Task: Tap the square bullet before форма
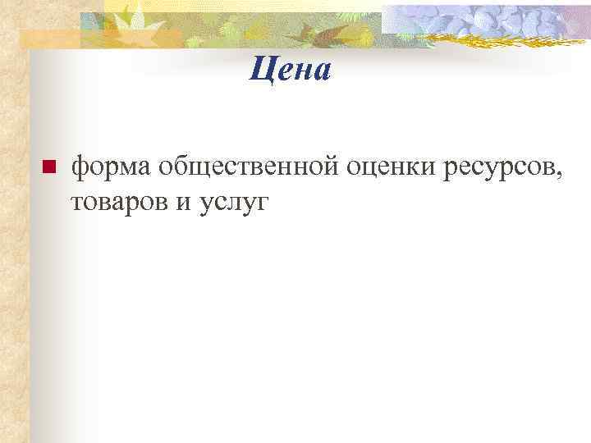(47, 168)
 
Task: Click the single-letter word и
(181, 203)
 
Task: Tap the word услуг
(233, 203)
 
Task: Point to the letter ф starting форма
(81, 168)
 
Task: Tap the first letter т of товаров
(77, 203)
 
